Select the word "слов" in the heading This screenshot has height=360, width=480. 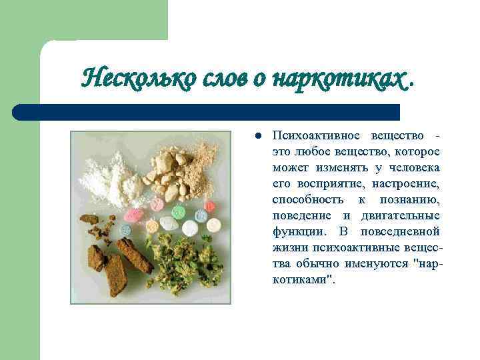[212, 79]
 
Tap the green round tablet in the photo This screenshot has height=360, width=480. [178, 213]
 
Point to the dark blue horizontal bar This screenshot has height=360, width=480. [207, 111]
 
